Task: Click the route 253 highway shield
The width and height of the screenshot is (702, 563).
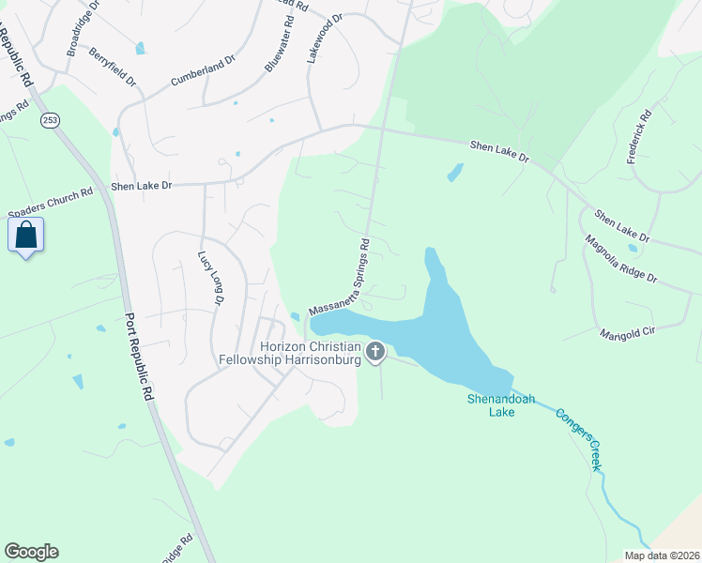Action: tap(49, 120)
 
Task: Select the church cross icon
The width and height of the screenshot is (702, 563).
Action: tap(375, 352)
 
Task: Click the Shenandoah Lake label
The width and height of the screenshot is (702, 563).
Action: tap(501, 405)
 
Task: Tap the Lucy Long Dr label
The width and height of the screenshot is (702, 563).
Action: tap(209, 279)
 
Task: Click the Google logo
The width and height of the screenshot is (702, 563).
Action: tap(31, 552)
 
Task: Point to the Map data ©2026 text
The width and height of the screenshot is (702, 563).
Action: tap(662, 555)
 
